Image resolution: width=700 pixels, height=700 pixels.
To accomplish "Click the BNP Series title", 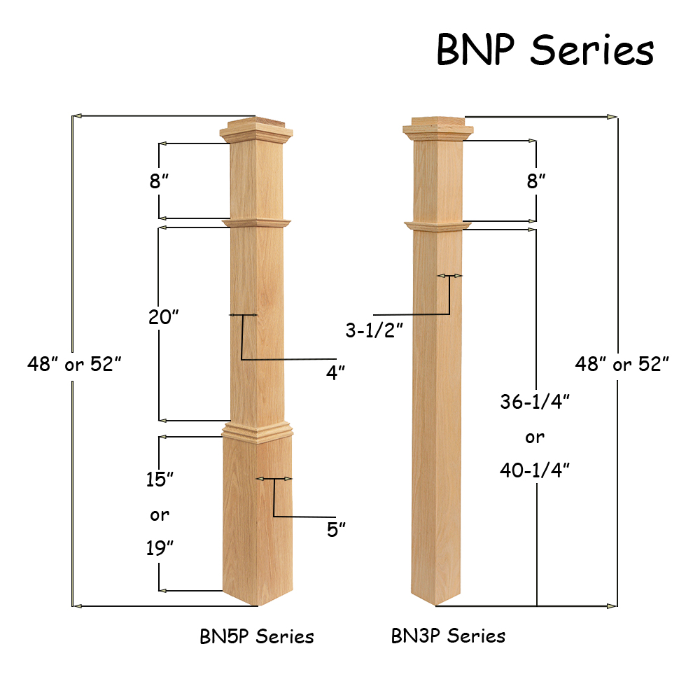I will coord(545,50).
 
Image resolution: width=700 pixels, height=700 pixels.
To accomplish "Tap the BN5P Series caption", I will coord(257,636).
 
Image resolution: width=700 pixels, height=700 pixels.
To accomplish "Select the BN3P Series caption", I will coord(448,636).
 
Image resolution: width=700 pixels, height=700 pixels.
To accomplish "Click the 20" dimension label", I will coord(164,317).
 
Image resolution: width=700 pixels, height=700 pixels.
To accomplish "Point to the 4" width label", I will coord(336,372).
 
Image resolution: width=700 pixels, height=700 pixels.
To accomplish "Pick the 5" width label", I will coord(337,529).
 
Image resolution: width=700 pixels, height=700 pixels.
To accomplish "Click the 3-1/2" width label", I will coord(374,330).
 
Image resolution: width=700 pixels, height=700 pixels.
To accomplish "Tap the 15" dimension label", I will coord(160,479).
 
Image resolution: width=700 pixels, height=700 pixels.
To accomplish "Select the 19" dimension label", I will coord(160,548).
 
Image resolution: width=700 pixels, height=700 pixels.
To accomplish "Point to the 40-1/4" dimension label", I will coord(535,470).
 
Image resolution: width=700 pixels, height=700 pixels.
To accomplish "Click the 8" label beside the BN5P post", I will coord(160,182).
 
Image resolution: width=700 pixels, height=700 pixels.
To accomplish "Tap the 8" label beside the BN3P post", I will coord(536,182).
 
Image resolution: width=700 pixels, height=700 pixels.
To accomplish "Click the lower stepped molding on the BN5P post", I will coord(256,430).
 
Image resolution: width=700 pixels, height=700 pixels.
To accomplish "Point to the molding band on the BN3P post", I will coord(437,226).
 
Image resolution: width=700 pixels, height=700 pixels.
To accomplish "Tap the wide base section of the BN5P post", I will coord(256,518).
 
